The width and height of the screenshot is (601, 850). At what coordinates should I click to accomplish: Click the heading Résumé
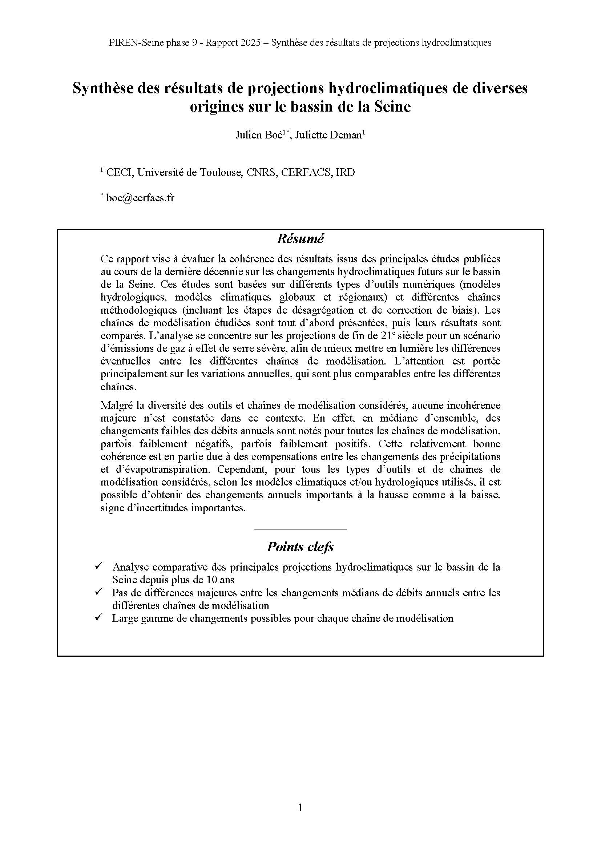[300, 239]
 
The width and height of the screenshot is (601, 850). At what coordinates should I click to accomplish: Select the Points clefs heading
[300, 547]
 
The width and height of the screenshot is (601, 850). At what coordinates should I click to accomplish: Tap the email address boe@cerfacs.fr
[140, 198]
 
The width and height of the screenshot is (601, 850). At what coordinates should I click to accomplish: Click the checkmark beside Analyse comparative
[98, 566]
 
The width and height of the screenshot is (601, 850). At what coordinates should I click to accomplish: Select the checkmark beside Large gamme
[98, 617]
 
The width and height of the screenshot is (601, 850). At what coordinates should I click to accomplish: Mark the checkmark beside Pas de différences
[98, 592]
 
